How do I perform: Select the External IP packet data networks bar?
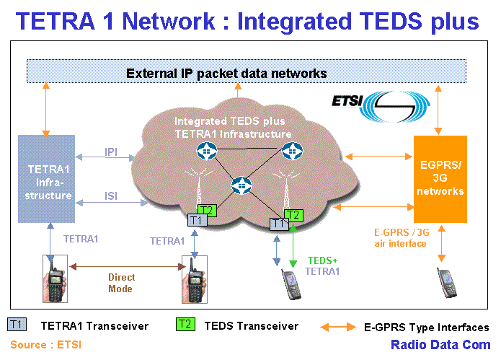coord(226,73)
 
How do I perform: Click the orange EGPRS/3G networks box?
coord(440,179)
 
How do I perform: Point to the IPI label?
coord(112,152)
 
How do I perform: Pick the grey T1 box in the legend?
coord(17,325)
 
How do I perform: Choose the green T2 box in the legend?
coord(185,325)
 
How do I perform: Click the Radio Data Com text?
coord(441,344)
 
